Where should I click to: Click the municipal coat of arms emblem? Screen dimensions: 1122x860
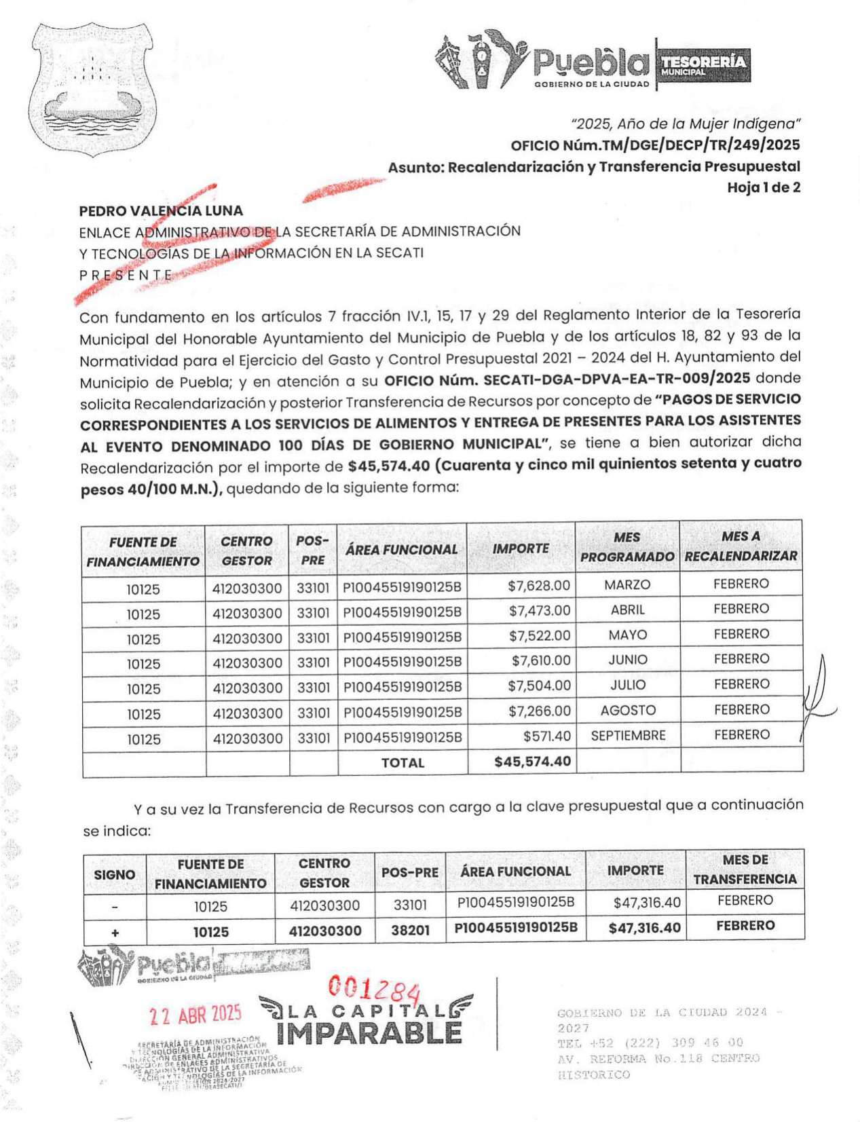[x=92, y=88]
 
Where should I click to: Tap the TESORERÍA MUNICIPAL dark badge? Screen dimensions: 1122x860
[x=703, y=65]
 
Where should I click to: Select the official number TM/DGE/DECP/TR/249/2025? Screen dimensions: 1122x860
[x=655, y=145]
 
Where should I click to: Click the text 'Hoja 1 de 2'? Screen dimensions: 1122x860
[x=763, y=188]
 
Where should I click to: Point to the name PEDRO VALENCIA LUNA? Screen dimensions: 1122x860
[x=161, y=211]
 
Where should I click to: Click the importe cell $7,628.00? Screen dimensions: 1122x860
[x=539, y=585]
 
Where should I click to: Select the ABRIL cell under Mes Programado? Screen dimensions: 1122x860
[x=627, y=610]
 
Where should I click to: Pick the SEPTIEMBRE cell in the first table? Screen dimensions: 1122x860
[x=627, y=735]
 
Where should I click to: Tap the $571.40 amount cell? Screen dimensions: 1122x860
[x=546, y=736]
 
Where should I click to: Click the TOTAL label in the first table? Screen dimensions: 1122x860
[x=403, y=763]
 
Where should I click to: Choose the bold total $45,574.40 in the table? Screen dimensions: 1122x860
[x=532, y=762]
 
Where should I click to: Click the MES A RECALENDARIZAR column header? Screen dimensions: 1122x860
[x=741, y=546]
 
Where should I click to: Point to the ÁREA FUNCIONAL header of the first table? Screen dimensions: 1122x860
[x=401, y=550]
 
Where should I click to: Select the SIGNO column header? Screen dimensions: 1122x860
[x=114, y=875]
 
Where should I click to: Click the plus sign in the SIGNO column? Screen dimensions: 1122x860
[x=115, y=933]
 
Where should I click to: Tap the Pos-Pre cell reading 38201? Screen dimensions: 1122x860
[x=410, y=931]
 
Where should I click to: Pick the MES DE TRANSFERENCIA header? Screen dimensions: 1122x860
[x=745, y=869]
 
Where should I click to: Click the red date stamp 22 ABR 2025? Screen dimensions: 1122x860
[x=195, y=1015]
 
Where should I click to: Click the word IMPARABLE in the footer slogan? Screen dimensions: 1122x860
[x=369, y=1034]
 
